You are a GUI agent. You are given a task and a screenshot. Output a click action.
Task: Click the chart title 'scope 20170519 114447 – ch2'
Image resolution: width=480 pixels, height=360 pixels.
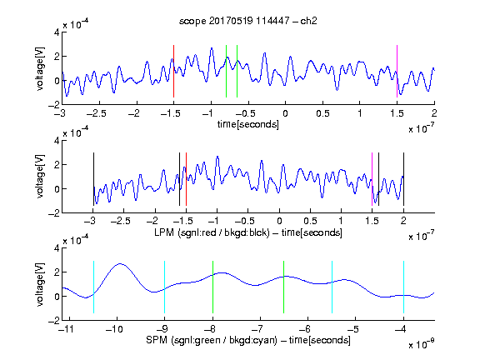[248, 21]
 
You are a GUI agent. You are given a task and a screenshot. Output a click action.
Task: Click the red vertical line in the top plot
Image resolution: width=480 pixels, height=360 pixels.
[173, 72]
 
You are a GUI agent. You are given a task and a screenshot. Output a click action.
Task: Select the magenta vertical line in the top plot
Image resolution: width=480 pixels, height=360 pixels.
[397, 72]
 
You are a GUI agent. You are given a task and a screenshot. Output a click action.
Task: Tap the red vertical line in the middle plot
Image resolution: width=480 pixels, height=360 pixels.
[186, 179]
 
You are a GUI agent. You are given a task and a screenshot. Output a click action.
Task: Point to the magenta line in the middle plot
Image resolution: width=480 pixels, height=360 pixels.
[372, 179]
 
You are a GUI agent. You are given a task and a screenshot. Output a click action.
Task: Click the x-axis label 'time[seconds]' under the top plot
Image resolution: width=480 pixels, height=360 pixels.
[248, 124]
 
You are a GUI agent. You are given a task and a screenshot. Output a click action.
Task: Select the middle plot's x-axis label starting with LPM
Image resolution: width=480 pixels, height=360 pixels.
[248, 232]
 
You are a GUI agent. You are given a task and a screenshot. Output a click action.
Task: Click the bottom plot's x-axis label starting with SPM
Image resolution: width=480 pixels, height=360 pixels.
[248, 340]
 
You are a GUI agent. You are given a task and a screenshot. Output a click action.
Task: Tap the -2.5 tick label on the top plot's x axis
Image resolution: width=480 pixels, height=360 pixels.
[96, 113]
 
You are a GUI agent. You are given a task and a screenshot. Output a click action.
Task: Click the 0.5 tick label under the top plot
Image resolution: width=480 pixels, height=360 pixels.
[322, 113]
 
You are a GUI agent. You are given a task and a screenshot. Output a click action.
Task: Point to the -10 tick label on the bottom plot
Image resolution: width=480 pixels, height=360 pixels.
[114, 329]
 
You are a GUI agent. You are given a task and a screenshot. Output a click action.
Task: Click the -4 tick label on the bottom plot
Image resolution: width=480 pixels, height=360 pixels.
[400, 329]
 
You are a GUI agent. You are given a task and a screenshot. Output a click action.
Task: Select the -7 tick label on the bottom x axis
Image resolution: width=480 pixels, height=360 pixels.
[257, 329]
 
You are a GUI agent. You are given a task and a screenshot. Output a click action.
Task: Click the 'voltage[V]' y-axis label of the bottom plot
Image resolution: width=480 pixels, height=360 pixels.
[40, 284]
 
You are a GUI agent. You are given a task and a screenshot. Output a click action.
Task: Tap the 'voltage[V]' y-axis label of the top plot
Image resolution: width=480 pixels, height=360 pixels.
[40, 68]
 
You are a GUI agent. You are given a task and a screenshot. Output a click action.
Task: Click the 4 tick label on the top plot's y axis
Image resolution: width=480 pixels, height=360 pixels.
[57, 32]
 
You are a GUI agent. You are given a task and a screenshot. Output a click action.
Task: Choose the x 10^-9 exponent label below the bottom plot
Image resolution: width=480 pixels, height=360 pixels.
[422, 344]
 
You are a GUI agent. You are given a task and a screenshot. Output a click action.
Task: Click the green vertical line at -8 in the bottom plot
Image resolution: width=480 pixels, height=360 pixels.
[212, 287]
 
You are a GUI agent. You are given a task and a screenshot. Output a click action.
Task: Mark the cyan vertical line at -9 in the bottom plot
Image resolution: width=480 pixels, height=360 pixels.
[165, 287]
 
